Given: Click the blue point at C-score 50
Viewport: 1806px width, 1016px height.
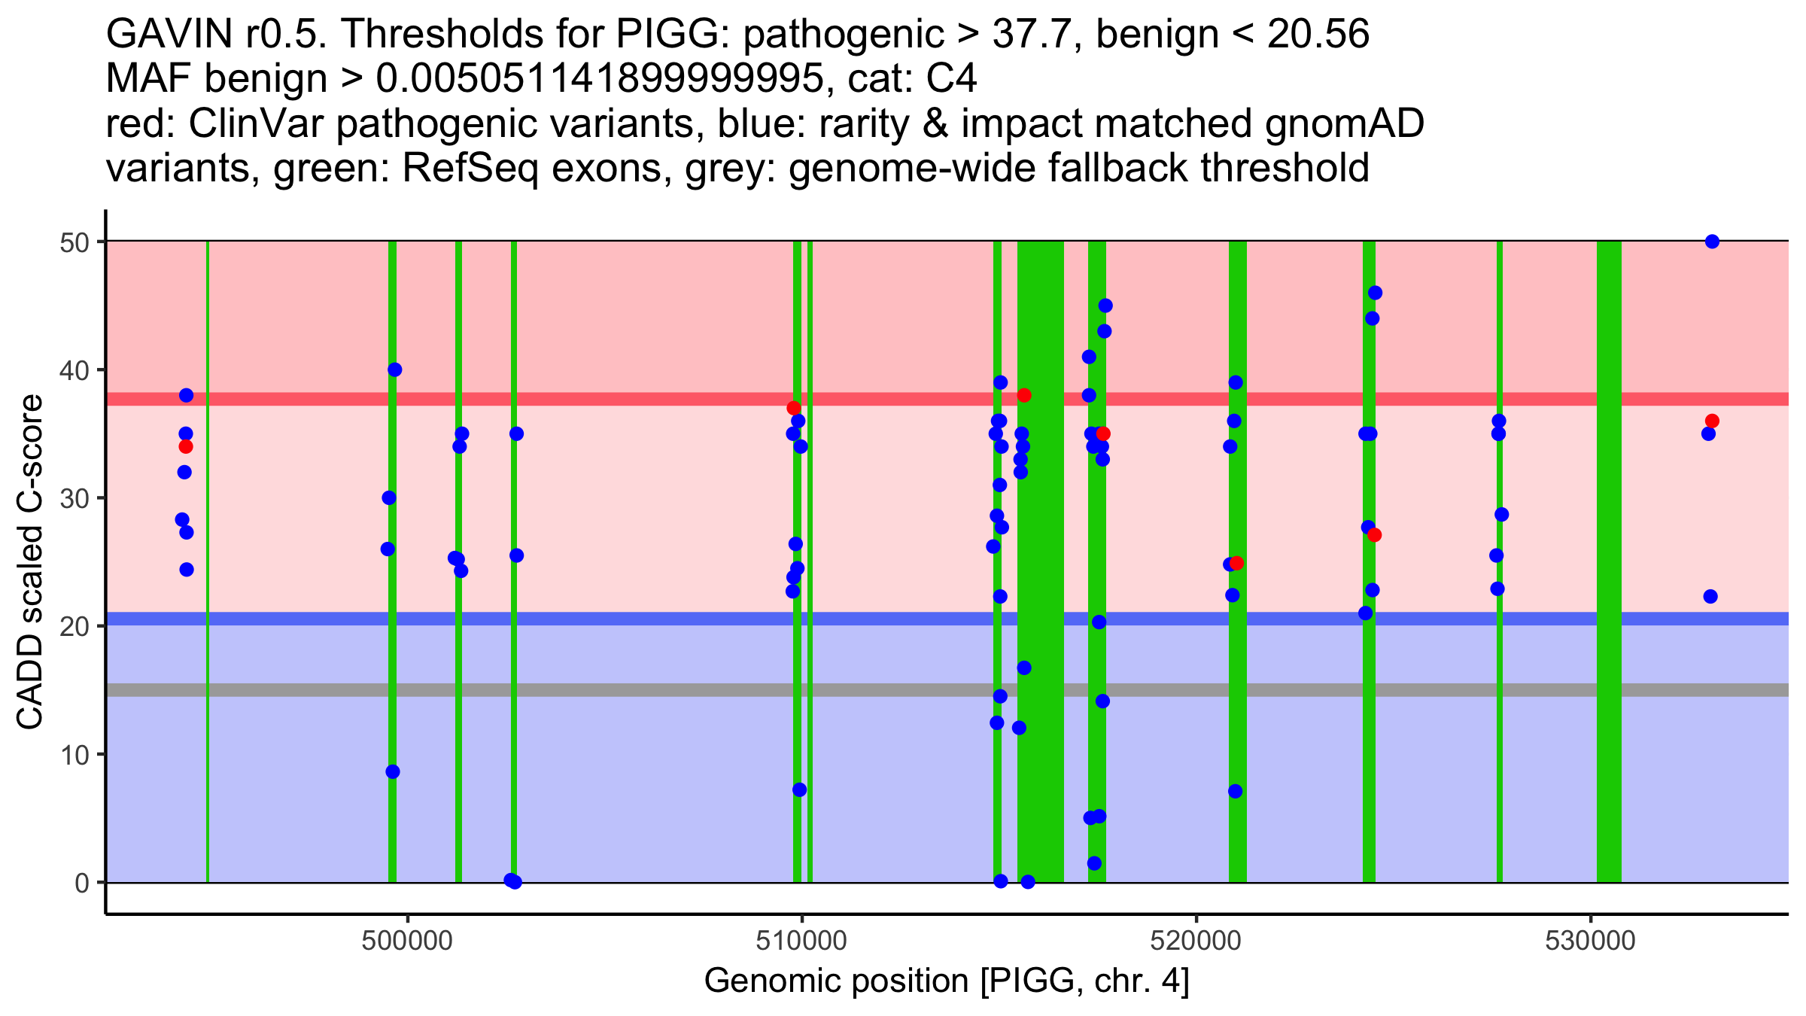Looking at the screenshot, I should (x=1712, y=242).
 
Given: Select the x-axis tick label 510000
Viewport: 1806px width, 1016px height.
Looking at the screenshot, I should (x=801, y=941).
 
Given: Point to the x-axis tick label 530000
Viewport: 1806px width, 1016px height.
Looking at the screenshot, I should (x=1590, y=941).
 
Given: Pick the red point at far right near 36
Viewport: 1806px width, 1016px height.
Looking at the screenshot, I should (x=1712, y=421).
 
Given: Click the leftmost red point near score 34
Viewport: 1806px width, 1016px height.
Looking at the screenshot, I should (x=186, y=446).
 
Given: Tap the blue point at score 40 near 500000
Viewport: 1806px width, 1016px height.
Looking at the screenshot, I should (x=395, y=370).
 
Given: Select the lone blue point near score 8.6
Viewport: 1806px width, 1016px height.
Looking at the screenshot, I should (x=393, y=771).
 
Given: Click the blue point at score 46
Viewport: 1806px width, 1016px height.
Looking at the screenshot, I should (x=1375, y=293).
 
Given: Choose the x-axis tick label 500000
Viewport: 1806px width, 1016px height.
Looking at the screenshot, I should (x=407, y=941).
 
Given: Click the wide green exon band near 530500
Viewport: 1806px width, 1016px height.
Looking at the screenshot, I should (x=1609, y=561).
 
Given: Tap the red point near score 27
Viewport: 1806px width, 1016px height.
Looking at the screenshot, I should (x=1374, y=535).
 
